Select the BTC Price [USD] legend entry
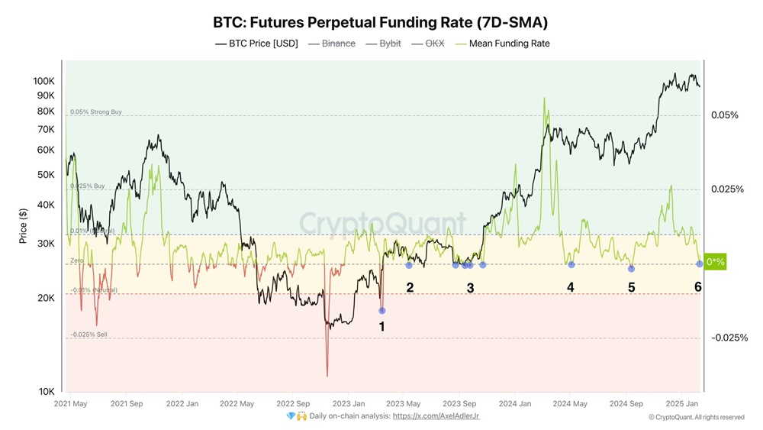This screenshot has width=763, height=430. point(256,44)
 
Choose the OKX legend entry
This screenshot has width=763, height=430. point(430,44)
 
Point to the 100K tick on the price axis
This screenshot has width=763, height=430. point(43,81)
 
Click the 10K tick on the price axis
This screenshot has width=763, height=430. point(47,392)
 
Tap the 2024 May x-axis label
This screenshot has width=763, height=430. point(570,403)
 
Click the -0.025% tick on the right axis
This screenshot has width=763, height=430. point(729,338)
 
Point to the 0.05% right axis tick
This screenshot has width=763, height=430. point(725,115)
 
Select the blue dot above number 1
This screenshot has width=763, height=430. point(382,310)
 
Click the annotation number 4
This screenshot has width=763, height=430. point(570,287)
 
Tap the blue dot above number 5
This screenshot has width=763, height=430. point(631,268)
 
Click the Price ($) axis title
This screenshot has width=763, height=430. point(24,226)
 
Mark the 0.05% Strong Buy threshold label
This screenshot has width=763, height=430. point(95,112)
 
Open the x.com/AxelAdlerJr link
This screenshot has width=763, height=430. point(436,415)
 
